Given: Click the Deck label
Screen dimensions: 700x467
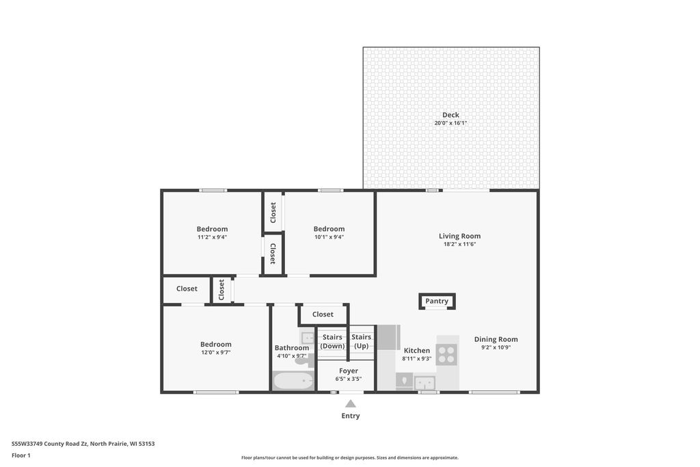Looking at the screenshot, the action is [450, 115].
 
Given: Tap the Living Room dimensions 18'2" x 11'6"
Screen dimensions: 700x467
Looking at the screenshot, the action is [459, 244].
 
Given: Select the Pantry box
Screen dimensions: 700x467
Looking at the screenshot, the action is [437, 302].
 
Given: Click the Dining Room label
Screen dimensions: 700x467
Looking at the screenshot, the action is [496, 339].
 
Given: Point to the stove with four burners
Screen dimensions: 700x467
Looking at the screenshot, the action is [446, 354].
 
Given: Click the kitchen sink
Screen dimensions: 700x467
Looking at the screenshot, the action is [425, 383].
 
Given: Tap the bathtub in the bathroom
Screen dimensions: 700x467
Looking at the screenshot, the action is [293, 381].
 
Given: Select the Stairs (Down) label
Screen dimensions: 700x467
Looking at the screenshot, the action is [333, 342].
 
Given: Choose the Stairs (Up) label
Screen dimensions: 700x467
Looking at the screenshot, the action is [361, 342].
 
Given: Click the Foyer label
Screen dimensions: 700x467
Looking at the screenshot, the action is [349, 371].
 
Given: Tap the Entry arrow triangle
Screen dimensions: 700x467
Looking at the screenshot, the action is [351, 403].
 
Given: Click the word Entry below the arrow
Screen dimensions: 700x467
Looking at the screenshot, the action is [351, 416].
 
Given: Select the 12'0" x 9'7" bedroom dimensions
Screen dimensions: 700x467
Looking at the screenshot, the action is [215, 352].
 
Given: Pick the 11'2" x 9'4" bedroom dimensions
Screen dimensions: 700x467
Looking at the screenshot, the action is [212, 237].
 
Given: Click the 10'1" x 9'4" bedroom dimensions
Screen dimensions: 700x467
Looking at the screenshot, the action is [329, 237].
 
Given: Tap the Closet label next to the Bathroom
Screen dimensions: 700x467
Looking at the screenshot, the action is [323, 315].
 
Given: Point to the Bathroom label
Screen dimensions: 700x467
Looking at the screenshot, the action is [291, 348].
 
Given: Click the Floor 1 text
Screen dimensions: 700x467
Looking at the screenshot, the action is [21, 455].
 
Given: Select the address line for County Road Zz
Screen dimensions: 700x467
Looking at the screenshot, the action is [83, 444].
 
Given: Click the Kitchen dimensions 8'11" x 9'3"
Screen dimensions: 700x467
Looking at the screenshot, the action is [416, 358].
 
